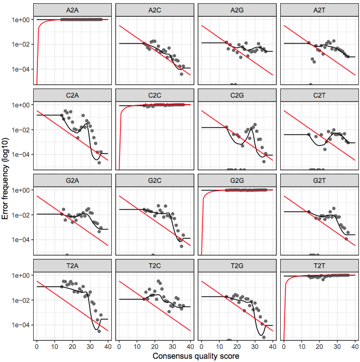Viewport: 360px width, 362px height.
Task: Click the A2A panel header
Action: tap(72, 10)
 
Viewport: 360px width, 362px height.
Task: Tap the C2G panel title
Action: tap(237, 96)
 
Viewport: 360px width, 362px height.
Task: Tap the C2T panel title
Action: tap(319, 96)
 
